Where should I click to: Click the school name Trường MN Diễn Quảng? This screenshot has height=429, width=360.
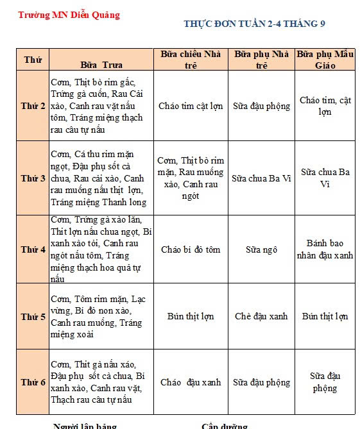coord(69,15)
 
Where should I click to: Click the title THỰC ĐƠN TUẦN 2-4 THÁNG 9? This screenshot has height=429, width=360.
coord(254,24)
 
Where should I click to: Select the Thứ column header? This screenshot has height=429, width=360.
coord(33,60)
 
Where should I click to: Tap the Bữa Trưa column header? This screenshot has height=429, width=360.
coord(101,64)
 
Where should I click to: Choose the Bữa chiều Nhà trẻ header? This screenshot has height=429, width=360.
coord(190,59)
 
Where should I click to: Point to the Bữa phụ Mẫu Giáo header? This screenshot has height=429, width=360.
coord(325,59)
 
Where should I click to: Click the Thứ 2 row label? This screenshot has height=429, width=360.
coord(33,106)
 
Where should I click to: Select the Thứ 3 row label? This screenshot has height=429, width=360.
coord(33,178)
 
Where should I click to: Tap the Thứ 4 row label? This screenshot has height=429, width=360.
coord(33,249)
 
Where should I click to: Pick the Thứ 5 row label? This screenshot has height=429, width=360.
coord(33,317)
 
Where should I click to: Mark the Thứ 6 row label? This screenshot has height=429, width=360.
coord(33,382)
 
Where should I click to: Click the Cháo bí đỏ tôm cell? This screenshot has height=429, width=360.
coord(190,249)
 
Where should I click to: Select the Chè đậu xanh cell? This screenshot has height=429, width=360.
coord(261,316)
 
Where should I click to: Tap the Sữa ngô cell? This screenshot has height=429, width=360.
coord(261,249)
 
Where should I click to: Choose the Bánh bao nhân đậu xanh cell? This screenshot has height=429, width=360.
coord(325,249)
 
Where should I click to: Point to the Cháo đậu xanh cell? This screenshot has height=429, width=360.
coord(190,382)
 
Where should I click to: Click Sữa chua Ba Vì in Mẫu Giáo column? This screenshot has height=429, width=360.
coord(325,178)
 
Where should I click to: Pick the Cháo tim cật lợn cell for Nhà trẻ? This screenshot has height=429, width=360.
coord(190,106)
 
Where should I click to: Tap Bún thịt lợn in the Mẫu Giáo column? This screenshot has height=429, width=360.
coord(325,316)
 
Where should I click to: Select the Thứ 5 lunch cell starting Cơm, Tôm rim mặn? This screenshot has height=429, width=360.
coord(101,317)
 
